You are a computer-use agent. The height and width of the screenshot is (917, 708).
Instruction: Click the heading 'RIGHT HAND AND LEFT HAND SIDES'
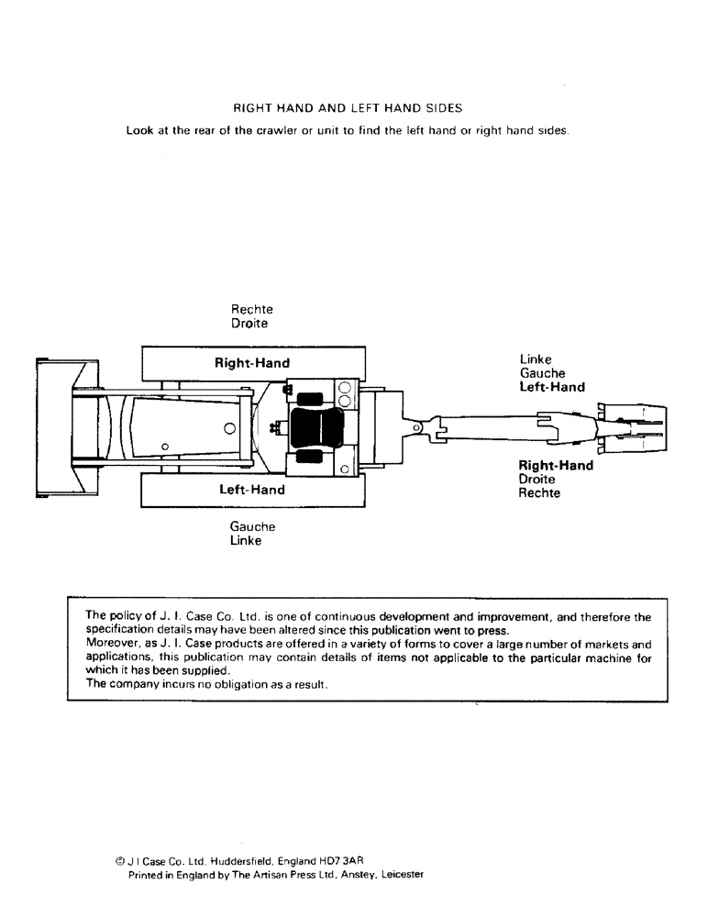tap(347, 107)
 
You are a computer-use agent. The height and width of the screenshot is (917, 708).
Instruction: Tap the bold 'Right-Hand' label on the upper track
tap(252, 363)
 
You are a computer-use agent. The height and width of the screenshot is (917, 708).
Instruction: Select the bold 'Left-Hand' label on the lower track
tap(252, 490)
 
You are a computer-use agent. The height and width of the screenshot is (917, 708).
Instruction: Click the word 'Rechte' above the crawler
tap(252, 310)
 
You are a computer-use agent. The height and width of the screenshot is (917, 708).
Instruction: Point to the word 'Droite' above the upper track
tap(250, 324)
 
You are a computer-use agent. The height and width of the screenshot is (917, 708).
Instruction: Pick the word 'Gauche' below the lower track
tap(252, 527)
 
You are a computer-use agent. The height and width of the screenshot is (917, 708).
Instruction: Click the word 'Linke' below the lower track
tap(246, 541)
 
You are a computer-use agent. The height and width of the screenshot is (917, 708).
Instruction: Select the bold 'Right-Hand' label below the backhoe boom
tap(556, 466)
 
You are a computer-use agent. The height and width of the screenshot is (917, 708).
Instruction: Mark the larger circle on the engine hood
tap(229, 428)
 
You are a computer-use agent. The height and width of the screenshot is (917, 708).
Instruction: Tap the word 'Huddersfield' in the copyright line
tap(247, 862)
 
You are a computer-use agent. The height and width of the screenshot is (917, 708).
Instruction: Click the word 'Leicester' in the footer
tap(398, 875)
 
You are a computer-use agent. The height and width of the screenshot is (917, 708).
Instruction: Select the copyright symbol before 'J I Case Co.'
tap(120, 862)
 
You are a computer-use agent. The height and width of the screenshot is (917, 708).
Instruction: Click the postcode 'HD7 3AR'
tap(341, 862)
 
